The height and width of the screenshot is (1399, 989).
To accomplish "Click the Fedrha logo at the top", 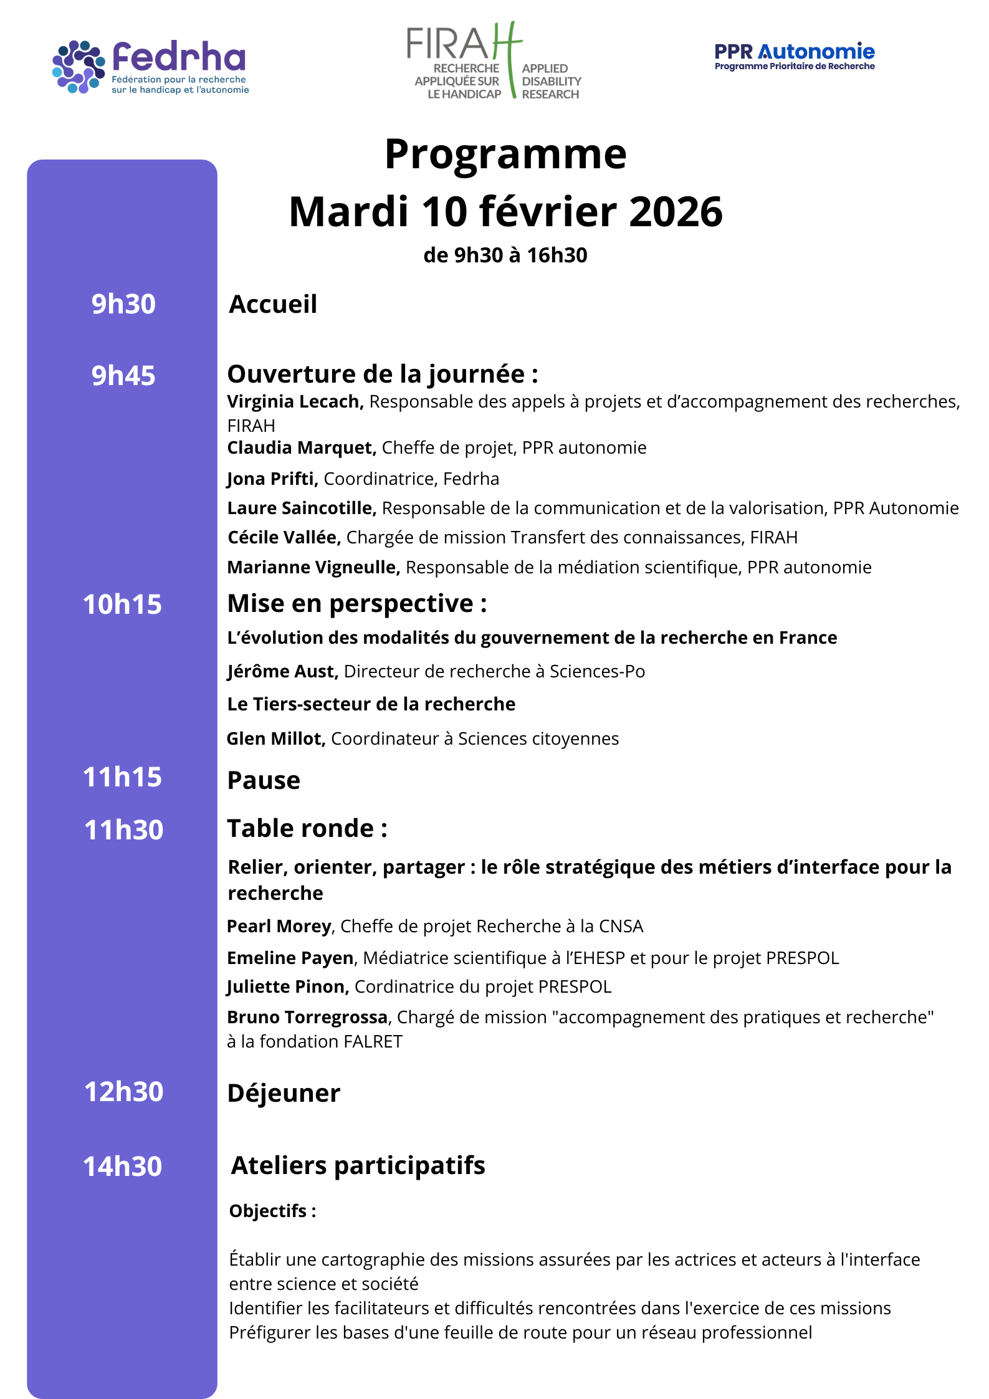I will tap(150, 67).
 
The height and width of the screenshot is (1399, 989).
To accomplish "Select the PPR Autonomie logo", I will tap(794, 56).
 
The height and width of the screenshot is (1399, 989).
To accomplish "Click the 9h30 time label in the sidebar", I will tap(123, 304).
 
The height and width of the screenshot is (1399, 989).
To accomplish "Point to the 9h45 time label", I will tap(123, 376).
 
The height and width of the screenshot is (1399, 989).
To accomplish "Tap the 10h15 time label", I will tap(122, 604).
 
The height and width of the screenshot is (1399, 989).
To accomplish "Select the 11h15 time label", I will tap(122, 777).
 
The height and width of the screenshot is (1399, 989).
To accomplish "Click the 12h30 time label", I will tap(123, 1092).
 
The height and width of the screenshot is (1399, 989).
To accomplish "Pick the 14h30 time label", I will tap(122, 1167).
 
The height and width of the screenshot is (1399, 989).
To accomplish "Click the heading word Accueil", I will tap(273, 304).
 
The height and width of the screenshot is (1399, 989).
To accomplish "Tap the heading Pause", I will tap(264, 780).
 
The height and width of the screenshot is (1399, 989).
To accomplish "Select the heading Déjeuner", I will tap(284, 1093).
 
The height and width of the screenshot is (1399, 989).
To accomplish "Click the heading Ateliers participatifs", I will tap(358, 1165).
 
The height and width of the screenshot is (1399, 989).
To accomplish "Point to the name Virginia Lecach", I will tap(295, 402).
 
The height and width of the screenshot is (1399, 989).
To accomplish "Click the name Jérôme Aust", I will tap(282, 671).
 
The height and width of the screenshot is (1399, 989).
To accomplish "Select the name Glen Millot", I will tap(275, 738).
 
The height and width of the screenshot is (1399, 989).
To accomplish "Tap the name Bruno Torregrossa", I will tap(307, 1017).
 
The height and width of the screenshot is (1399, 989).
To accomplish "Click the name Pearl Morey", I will tap(279, 926).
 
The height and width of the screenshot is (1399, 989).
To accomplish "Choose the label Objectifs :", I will tap(272, 1211).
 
